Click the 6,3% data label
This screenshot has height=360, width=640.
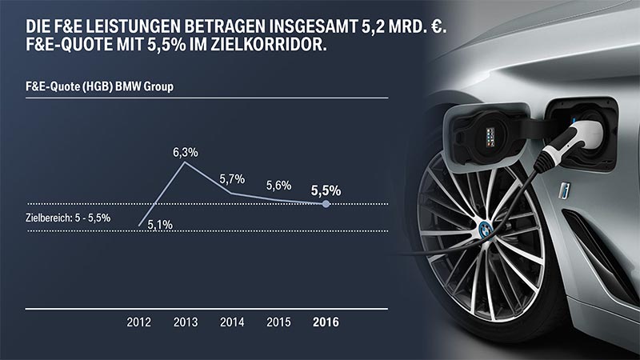(x=186, y=150)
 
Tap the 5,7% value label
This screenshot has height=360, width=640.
(x=232, y=178)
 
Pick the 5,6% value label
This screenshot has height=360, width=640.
(x=278, y=185)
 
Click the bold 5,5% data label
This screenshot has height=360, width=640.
(x=325, y=190)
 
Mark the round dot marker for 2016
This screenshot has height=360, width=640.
(x=326, y=204)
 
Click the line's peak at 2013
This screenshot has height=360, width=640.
(x=185, y=162)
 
